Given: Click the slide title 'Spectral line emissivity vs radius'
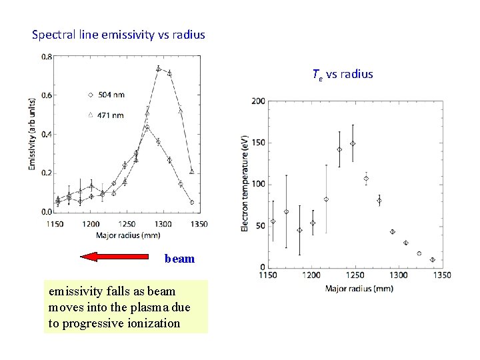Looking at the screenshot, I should [x=119, y=34].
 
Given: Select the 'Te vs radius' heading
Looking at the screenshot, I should [x=342, y=74].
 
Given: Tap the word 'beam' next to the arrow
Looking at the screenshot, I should [x=179, y=259].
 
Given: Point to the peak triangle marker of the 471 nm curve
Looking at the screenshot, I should [x=159, y=69].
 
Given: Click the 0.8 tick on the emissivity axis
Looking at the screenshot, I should [x=46, y=57].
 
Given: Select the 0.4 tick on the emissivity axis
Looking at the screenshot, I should [x=46, y=134].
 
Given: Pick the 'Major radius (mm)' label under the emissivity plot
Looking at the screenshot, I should [x=127, y=235].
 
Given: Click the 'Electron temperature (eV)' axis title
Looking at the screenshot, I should [x=245, y=183].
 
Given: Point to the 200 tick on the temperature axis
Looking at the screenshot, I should [x=257, y=101].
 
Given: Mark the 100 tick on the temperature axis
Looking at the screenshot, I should [x=257, y=184].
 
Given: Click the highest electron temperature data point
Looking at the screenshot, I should [x=353, y=143].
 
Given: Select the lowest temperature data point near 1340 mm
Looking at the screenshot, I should [x=432, y=260].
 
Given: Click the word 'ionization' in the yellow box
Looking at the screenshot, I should [x=154, y=323].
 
